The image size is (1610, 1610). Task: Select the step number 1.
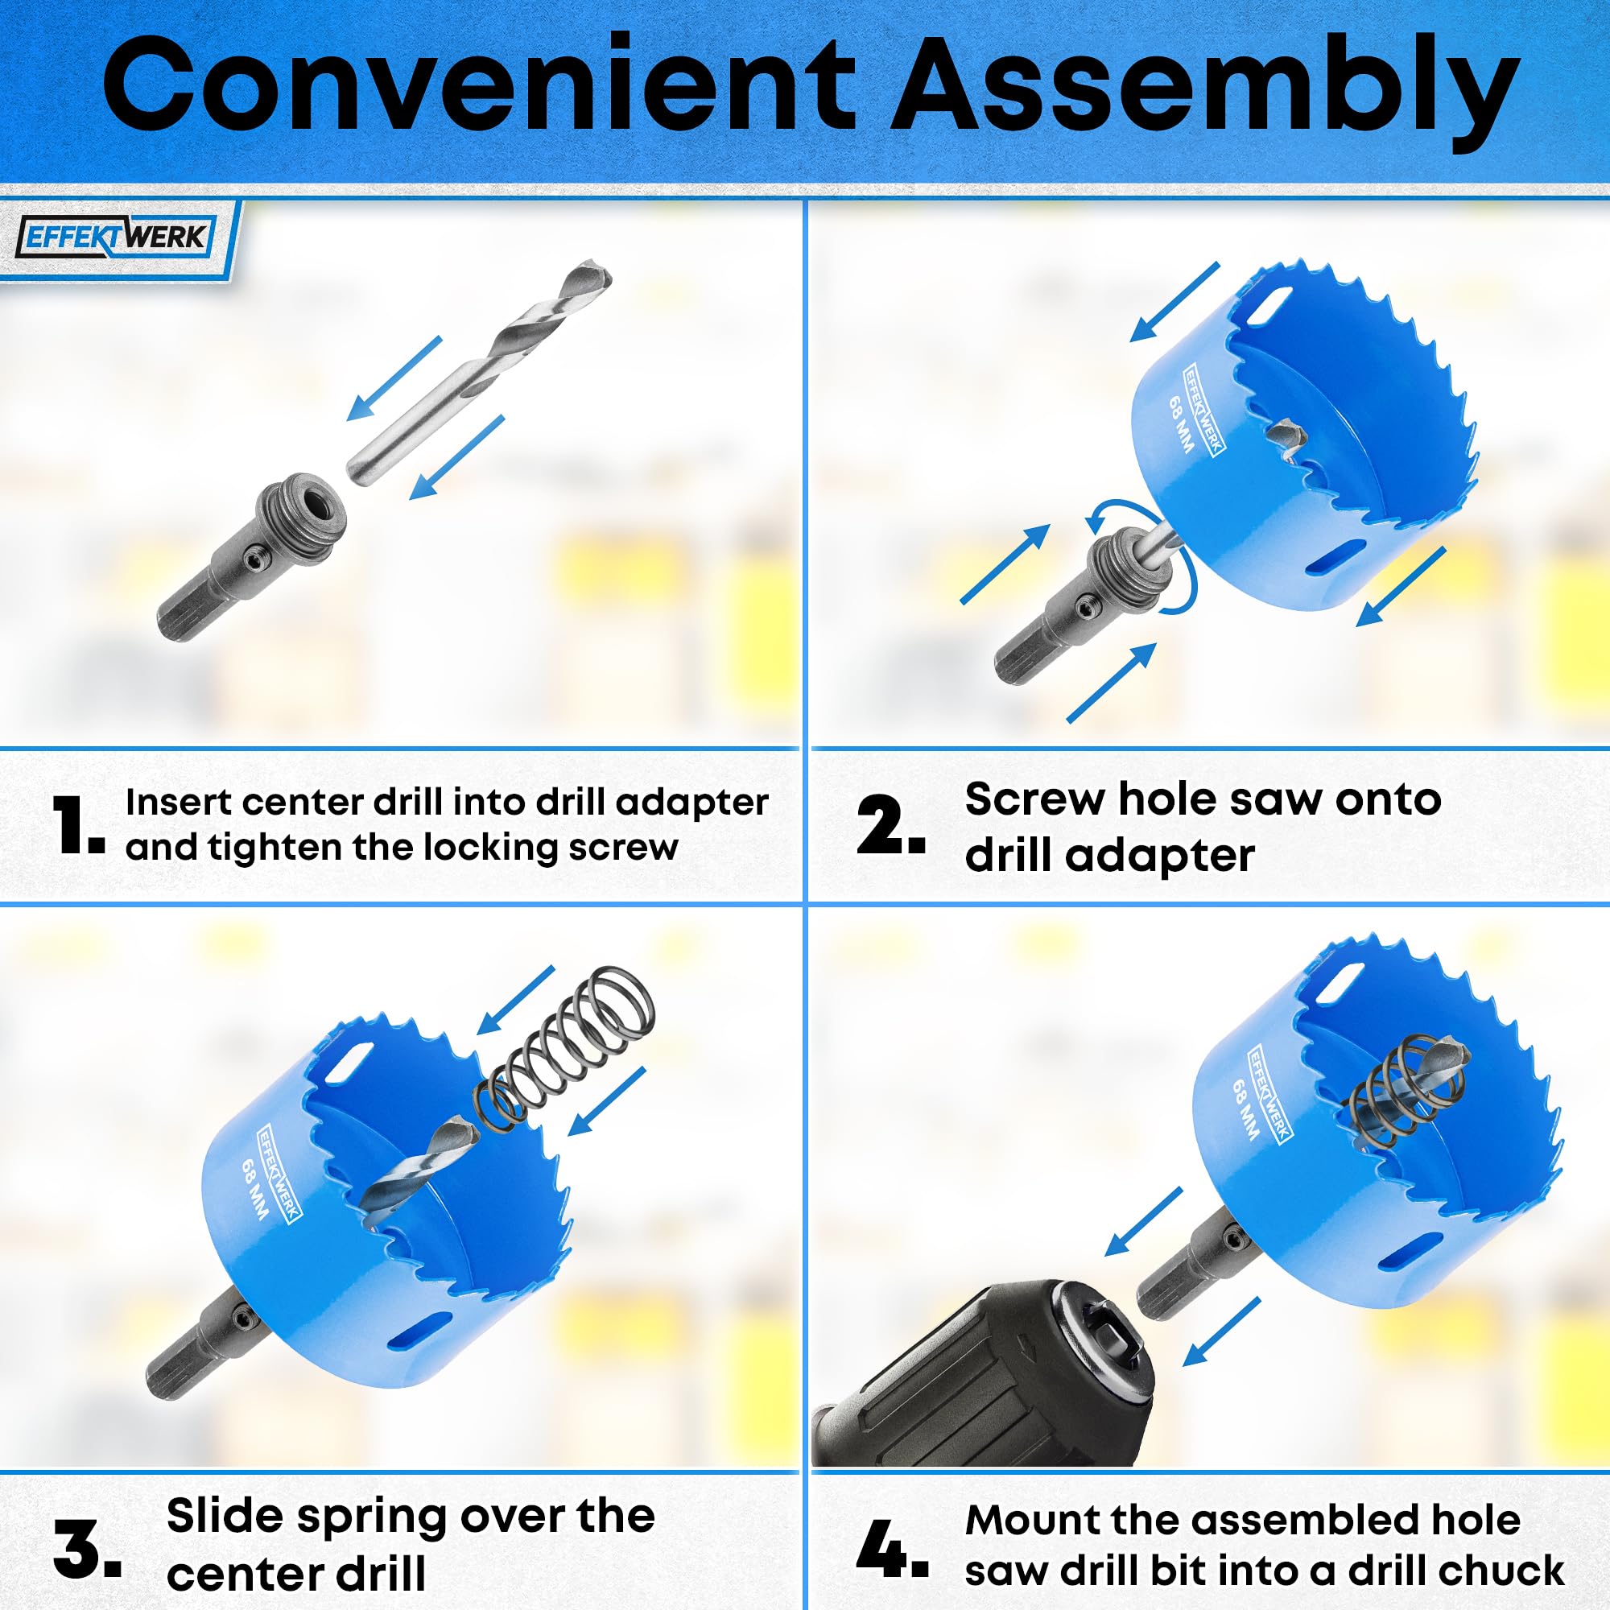tap(78, 824)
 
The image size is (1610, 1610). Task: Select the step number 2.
tap(891, 824)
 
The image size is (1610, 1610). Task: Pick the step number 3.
tap(88, 1548)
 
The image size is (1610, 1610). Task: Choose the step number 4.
tap(892, 1548)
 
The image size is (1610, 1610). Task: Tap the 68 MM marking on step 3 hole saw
tap(254, 1189)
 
